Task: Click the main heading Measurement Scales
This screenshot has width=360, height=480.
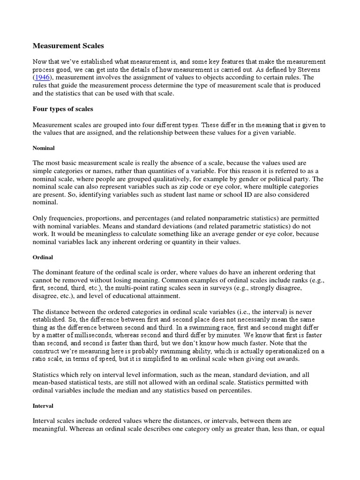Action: coord(68,46)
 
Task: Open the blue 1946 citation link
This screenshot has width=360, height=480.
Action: coord(44,77)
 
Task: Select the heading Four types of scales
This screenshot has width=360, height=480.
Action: coord(63,109)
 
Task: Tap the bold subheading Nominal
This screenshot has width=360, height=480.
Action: coord(44,148)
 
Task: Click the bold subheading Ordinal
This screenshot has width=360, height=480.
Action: coord(43,257)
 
